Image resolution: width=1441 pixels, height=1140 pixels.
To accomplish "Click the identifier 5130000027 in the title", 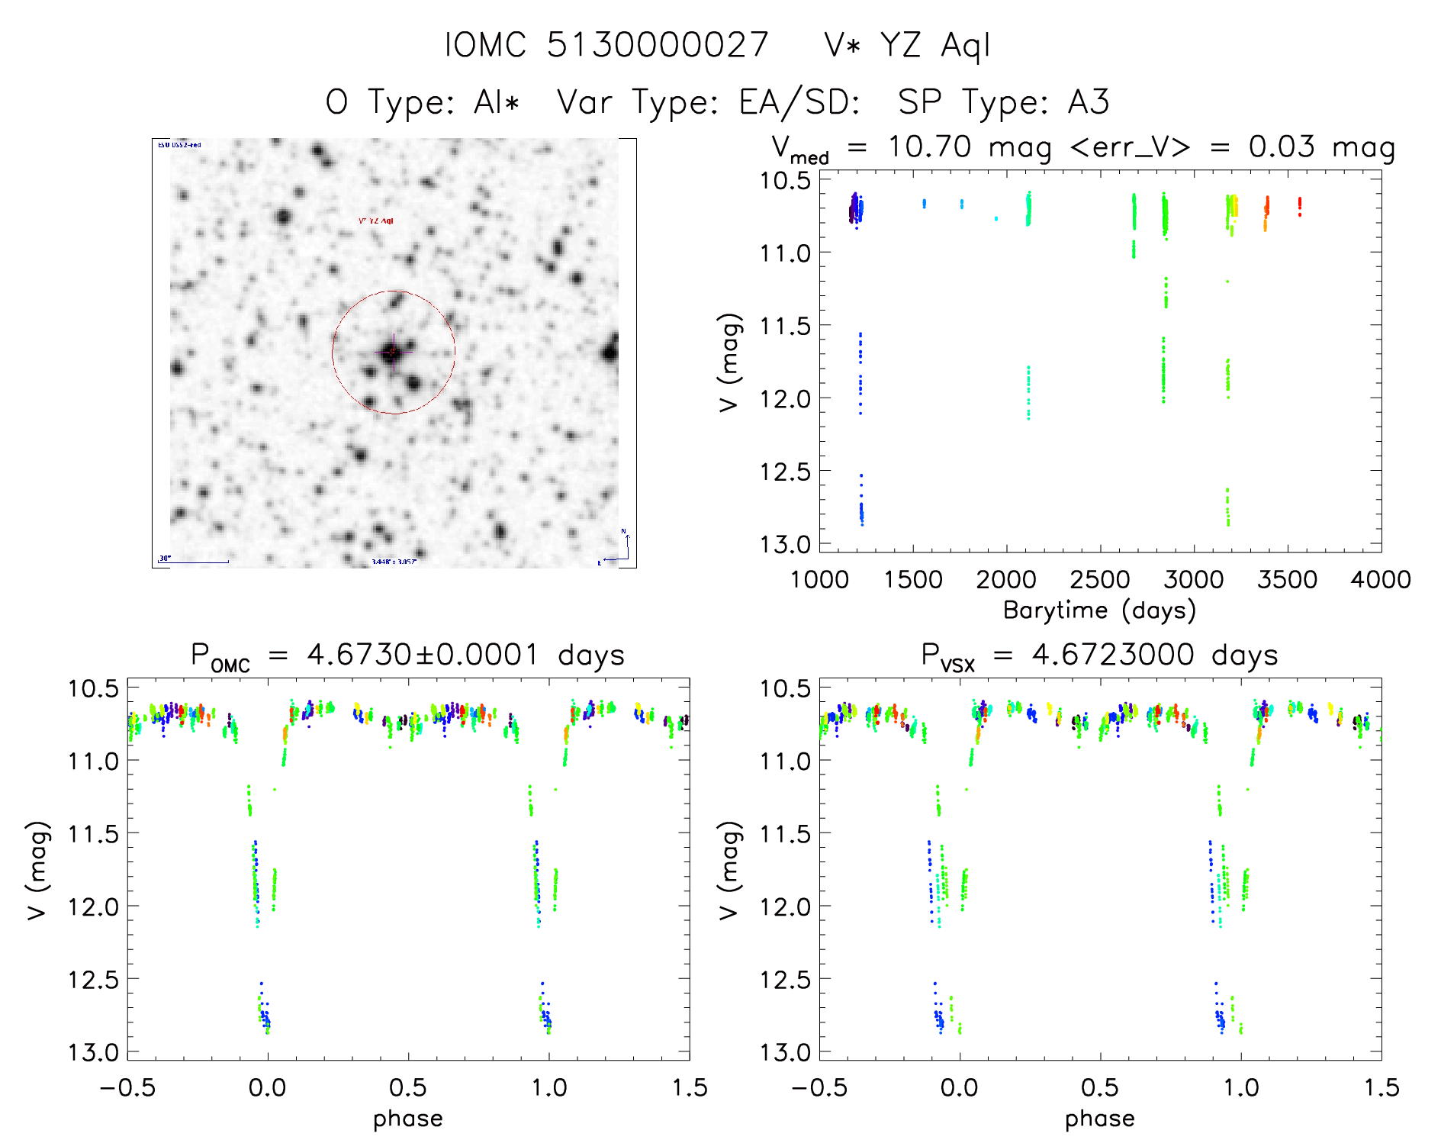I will pyautogui.click(x=658, y=45).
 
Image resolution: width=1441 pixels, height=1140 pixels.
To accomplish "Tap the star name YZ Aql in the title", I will pyautogui.click(x=934, y=46).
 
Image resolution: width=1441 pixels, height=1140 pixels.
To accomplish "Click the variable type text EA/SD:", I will pyautogui.click(x=799, y=102).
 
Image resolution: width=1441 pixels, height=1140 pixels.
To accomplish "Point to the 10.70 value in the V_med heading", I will pyautogui.click(x=929, y=147).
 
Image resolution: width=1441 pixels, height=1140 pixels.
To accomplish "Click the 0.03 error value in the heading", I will pyautogui.click(x=1282, y=147).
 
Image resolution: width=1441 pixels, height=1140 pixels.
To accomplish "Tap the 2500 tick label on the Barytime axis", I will pyautogui.click(x=1100, y=580).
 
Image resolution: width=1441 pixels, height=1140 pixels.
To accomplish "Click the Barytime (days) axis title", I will pyautogui.click(x=1099, y=610).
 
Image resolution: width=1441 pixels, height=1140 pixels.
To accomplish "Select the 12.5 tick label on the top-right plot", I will pyautogui.click(x=785, y=472).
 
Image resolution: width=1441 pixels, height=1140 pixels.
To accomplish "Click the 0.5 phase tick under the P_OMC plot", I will pyautogui.click(x=408, y=1088).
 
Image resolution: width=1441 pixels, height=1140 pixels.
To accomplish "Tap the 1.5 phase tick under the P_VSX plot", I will pyautogui.click(x=1381, y=1088).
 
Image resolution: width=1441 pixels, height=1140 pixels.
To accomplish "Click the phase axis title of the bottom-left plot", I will pyautogui.click(x=408, y=1119).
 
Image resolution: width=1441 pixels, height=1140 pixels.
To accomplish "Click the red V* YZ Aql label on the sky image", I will pyautogui.click(x=376, y=221).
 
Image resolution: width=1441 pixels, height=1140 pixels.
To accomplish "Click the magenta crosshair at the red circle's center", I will pyautogui.click(x=393, y=352).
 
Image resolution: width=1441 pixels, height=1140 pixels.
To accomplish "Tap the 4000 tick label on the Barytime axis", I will pyautogui.click(x=1381, y=580).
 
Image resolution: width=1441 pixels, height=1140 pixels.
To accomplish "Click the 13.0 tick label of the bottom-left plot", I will pyautogui.click(x=94, y=1053).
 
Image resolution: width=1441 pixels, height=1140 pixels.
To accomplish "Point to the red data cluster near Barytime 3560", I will pyautogui.click(x=1300, y=206).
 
